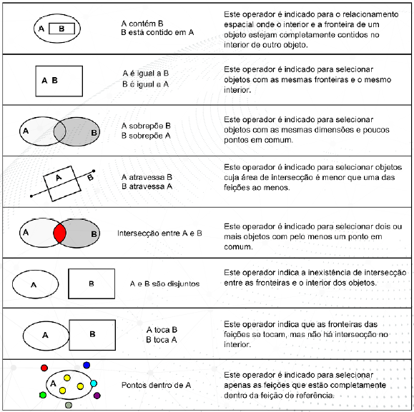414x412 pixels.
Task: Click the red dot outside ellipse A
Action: [44, 368]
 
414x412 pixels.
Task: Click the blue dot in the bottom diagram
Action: [87, 366]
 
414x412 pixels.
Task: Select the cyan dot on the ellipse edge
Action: [94, 384]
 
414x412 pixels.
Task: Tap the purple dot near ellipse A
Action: [97, 395]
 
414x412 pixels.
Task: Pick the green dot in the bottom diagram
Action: [43, 394]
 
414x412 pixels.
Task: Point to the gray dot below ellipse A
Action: [69, 405]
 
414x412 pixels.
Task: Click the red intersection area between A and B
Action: [60, 233]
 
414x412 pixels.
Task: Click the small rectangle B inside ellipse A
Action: [62, 29]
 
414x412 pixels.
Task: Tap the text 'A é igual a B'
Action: [147, 74]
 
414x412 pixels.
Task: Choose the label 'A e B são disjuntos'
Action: [164, 283]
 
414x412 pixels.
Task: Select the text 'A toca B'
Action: [162, 330]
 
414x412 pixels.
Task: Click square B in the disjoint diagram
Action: [92, 283]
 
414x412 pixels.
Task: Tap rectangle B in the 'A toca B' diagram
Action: [93, 333]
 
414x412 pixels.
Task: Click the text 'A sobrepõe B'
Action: [146, 126]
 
